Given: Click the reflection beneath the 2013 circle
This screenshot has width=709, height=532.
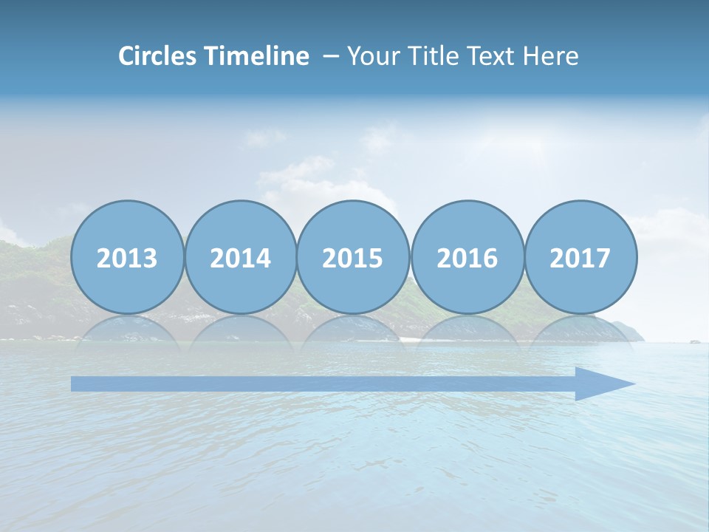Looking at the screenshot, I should pyautogui.click(x=127, y=330).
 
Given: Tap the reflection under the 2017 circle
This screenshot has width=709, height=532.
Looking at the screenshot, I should pyautogui.click(x=580, y=330).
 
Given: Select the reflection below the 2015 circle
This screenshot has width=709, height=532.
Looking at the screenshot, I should pyautogui.click(x=353, y=330).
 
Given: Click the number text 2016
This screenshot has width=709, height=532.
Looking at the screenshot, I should pyautogui.click(x=467, y=259).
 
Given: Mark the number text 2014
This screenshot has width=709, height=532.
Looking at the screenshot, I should pyautogui.click(x=240, y=259).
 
